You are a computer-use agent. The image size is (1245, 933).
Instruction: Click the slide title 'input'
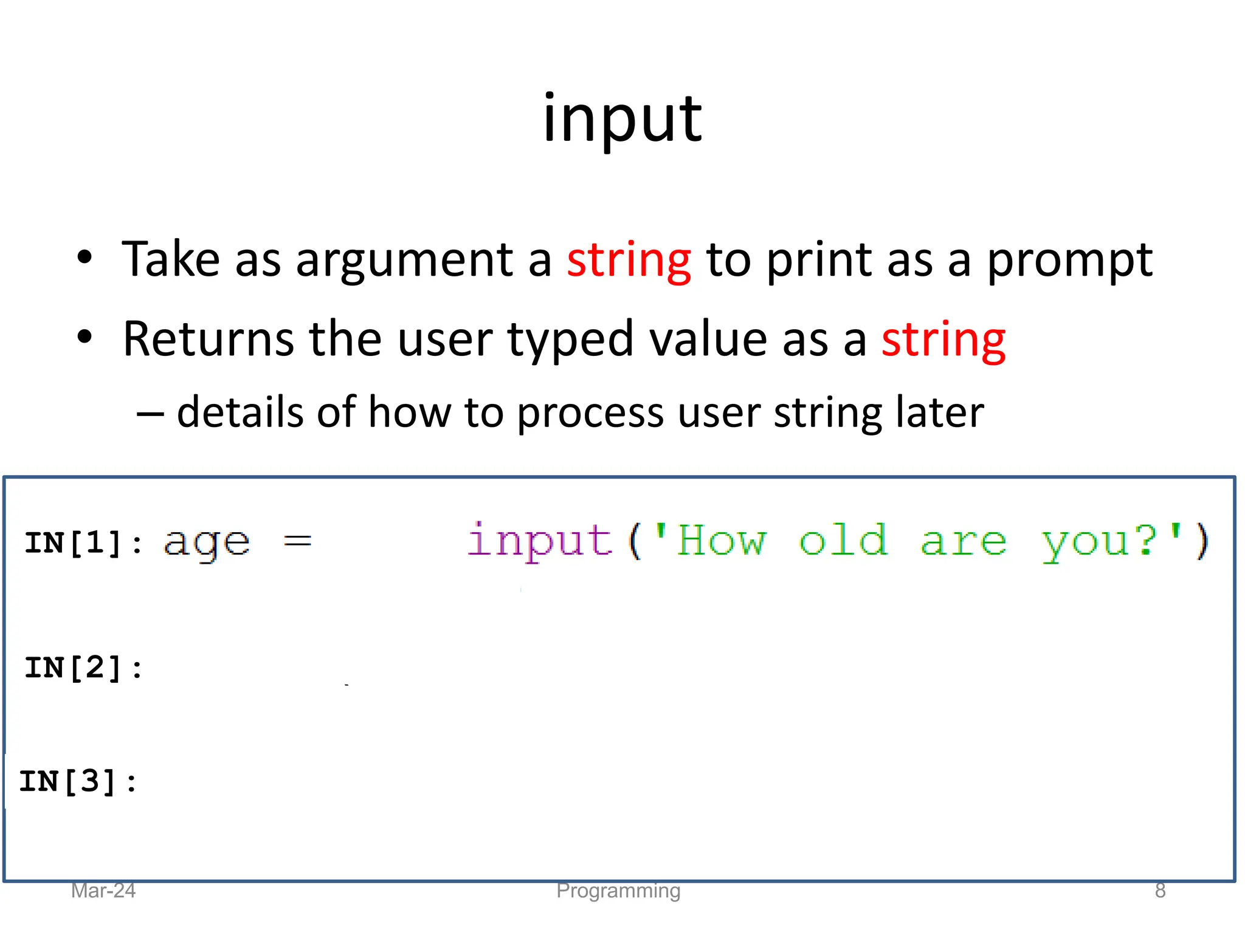[622, 120]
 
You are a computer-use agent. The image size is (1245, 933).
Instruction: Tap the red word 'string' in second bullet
[943, 340]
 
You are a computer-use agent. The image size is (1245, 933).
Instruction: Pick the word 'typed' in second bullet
[570, 340]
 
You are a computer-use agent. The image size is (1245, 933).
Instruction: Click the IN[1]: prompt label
[83, 542]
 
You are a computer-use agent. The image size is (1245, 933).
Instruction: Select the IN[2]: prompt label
[83, 668]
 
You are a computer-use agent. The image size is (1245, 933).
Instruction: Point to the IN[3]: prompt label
[78, 781]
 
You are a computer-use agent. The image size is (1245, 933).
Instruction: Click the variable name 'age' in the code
[207, 542]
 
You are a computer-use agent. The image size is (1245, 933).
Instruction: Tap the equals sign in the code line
[298, 541]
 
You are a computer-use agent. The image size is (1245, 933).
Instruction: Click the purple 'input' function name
[540, 541]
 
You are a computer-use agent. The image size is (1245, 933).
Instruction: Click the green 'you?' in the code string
[1098, 542]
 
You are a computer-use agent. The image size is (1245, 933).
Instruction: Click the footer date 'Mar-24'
[103, 890]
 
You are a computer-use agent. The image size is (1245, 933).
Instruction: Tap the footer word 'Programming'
[618, 891]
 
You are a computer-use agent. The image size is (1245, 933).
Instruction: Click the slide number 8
[1160, 890]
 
